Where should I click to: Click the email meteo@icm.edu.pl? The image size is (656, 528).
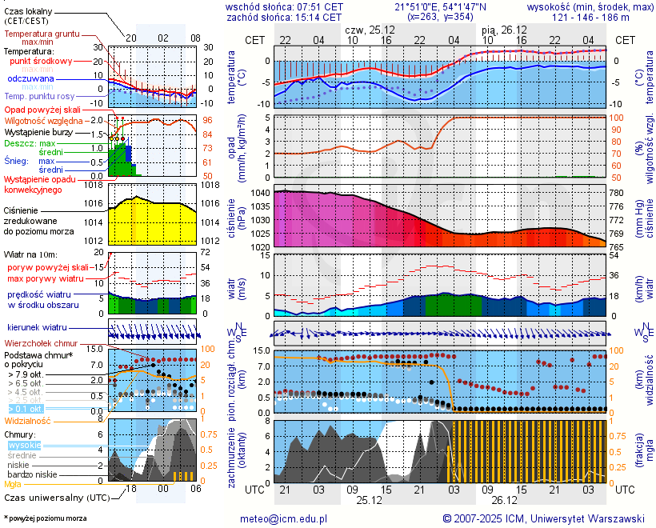click(x=284, y=518)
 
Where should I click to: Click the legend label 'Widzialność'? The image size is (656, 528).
click(x=28, y=420)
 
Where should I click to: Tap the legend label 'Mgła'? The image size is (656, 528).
click(x=13, y=484)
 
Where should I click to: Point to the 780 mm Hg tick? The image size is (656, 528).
click(x=617, y=194)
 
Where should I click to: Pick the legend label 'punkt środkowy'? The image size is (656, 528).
click(x=42, y=61)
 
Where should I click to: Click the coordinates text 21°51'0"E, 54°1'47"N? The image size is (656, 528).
click(x=440, y=6)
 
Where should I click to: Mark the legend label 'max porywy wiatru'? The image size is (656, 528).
click(x=46, y=278)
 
